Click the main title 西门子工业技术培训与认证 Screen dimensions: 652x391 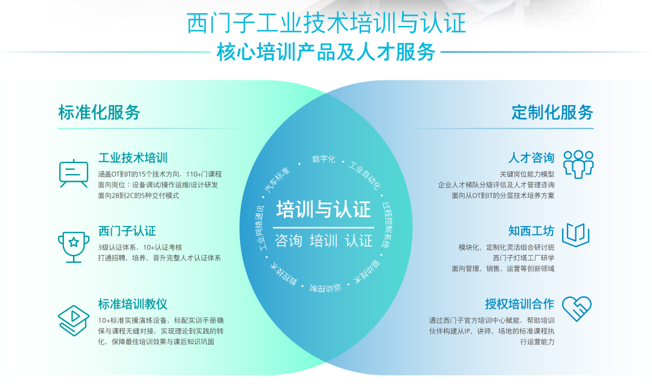(x=326, y=22)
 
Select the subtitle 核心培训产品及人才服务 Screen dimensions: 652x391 (x=326, y=52)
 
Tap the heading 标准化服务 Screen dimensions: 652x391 (x=100, y=112)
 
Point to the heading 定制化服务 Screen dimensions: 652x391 (x=552, y=112)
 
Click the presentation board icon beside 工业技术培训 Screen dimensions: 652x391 (x=74, y=173)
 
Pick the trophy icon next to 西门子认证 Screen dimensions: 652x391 (x=74, y=247)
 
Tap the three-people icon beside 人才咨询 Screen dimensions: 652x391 (x=578, y=164)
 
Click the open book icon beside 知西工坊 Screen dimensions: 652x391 (x=576, y=235)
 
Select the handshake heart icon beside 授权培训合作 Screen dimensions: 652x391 (x=577, y=309)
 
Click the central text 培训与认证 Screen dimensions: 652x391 (x=324, y=209)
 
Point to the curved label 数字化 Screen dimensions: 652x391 (x=324, y=159)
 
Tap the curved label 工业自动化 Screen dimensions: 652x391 (x=365, y=175)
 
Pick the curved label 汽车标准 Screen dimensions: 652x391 (x=277, y=180)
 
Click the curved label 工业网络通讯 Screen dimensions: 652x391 (x=261, y=228)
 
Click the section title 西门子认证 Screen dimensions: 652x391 (x=127, y=231)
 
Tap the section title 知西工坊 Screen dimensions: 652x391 (x=531, y=231)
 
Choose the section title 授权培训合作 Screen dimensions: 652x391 (x=519, y=304)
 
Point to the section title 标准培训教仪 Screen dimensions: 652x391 (x=133, y=304)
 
